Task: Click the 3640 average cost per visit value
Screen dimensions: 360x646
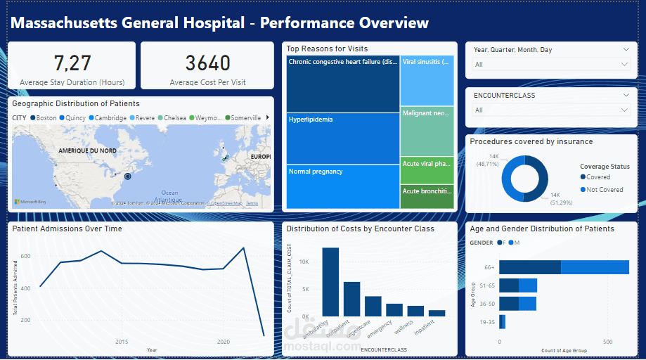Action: click(207, 63)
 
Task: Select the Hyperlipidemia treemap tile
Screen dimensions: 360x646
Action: click(342, 138)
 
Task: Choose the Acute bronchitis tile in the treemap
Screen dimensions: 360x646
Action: click(427, 197)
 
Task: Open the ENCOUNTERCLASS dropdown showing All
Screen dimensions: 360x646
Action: click(551, 110)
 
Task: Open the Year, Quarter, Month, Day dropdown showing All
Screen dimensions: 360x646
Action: click(551, 65)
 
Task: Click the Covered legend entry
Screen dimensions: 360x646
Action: click(597, 177)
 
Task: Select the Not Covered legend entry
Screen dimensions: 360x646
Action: click(603, 190)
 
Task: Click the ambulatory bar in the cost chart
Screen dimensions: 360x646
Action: click(330, 281)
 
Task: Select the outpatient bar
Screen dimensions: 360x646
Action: click(351, 299)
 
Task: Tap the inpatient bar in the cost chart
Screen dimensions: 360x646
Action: click(437, 313)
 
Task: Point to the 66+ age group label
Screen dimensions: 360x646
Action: click(489, 267)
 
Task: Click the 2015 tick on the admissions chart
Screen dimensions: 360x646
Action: click(122, 342)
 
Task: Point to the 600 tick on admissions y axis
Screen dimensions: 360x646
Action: click(25, 256)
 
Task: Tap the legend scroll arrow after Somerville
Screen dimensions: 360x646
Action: click(266, 118)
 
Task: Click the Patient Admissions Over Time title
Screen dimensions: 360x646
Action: click(67, 229)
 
